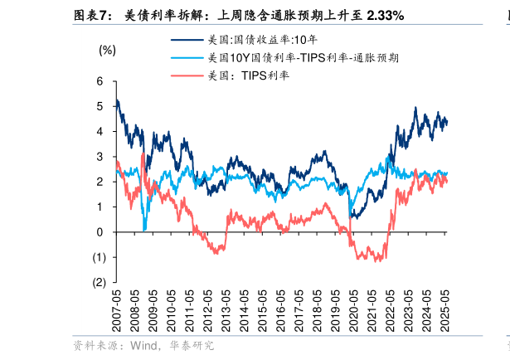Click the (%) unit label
click(x=108, y=50)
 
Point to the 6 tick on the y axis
click(x=100, y=81)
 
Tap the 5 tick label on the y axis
click(x=100, y=106)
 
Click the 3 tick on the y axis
click(x=100, y=157)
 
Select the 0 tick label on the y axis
click(x=100, y=232)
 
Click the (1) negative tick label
click(x=98, y=257)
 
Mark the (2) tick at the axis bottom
click(x=98, y=282)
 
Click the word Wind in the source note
click(x=143, y=345)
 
